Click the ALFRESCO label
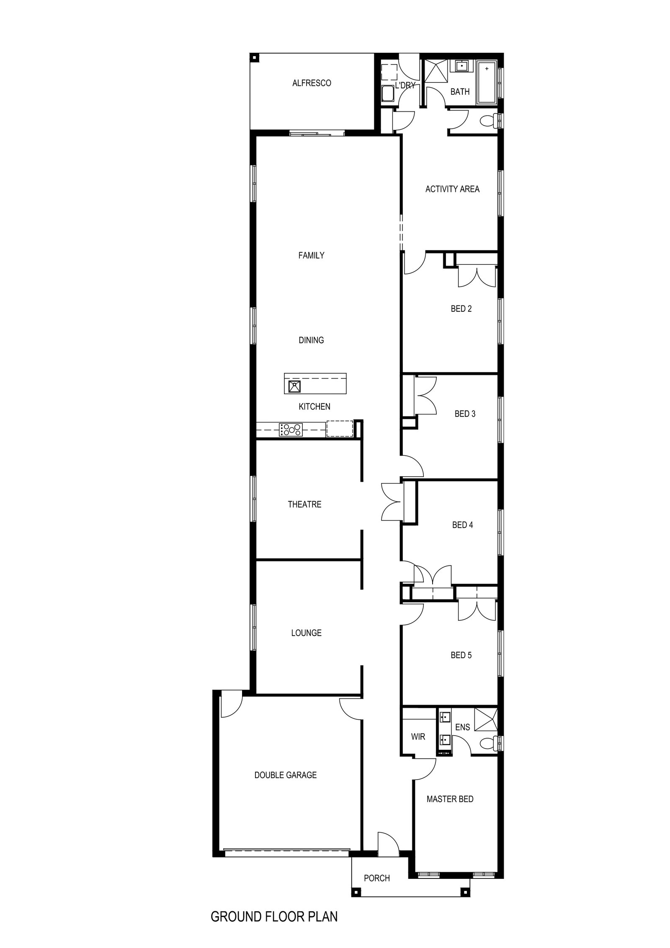312,83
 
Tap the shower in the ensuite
485,719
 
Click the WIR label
418,736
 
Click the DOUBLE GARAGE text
286,775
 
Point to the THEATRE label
304,504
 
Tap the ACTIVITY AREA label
452,189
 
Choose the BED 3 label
465,414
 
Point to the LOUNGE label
306,633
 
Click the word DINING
311,340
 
